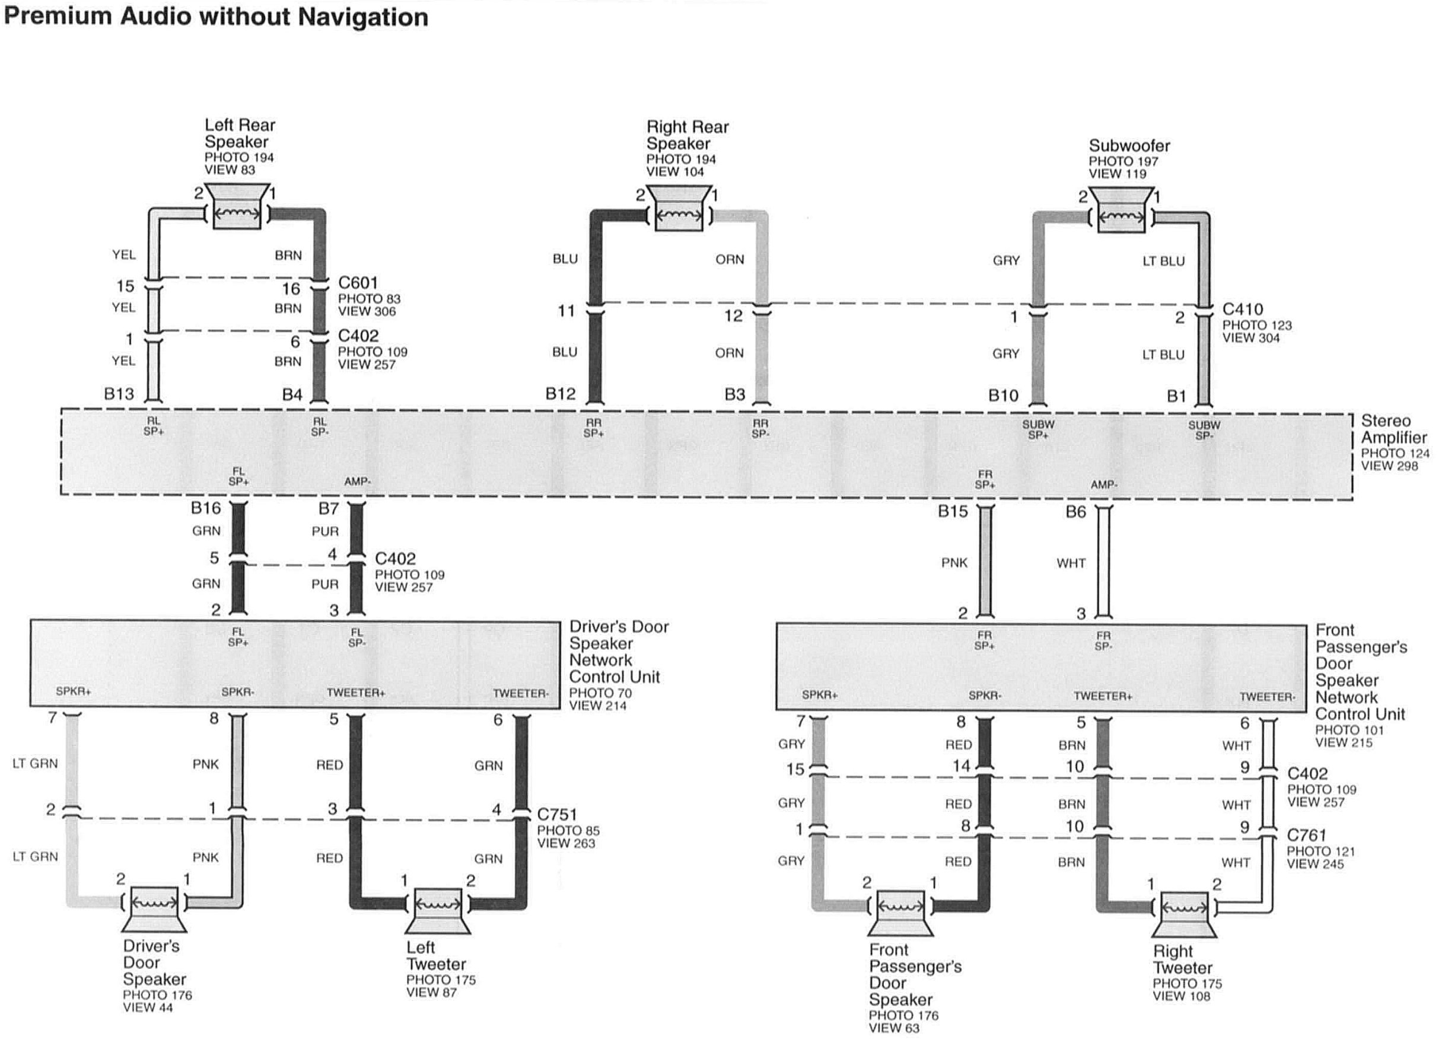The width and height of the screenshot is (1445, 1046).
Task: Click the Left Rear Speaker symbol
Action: point(235,208)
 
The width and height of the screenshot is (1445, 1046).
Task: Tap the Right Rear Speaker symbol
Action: point(679,209)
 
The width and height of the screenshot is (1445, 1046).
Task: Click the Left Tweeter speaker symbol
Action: point(437,911)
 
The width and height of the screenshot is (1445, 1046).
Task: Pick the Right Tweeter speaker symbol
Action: point(1185,916)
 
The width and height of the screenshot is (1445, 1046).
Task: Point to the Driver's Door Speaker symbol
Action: point(154,910)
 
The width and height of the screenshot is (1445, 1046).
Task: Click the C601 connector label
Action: point(358,283)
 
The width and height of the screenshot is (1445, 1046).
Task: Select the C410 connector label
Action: point(1242,310)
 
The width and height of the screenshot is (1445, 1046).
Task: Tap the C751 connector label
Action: point(557,815)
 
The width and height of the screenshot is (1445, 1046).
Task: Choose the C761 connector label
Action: point(1306,835)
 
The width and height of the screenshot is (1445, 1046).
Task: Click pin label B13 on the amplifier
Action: point(119,394)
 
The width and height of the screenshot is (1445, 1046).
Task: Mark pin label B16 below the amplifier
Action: point(206,508)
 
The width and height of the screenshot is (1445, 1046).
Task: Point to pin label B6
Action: point(1075,512)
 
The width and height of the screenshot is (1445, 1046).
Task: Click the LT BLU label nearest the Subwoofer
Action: point(1163,261)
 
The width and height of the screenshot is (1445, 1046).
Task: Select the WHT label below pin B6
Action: point(1071,563)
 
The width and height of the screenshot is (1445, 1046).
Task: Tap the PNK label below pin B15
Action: point(954,563)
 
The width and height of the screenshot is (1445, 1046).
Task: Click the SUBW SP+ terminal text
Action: point(1039,430)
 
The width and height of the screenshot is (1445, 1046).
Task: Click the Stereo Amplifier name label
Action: point(1394,429)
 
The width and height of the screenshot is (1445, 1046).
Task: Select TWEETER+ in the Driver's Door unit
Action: point(355,693)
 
